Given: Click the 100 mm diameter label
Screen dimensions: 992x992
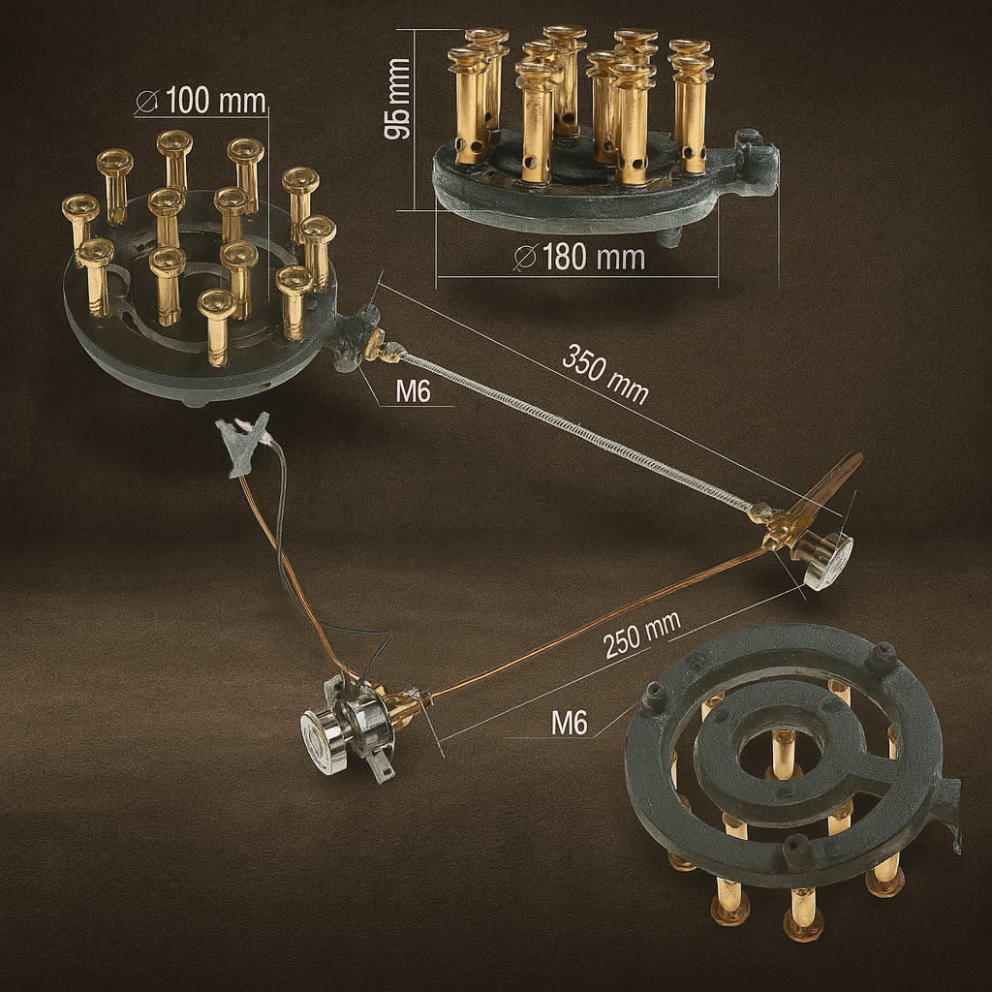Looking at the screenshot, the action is (x=201, y=101).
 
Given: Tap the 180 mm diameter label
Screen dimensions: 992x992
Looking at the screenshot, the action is (x=580, y=258).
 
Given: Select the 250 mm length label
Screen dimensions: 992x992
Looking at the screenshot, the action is (x=642, y=635).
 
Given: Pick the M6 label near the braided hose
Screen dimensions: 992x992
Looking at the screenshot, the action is (x=413, y=391).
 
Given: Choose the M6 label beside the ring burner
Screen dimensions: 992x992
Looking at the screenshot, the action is (x=569, y=723).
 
